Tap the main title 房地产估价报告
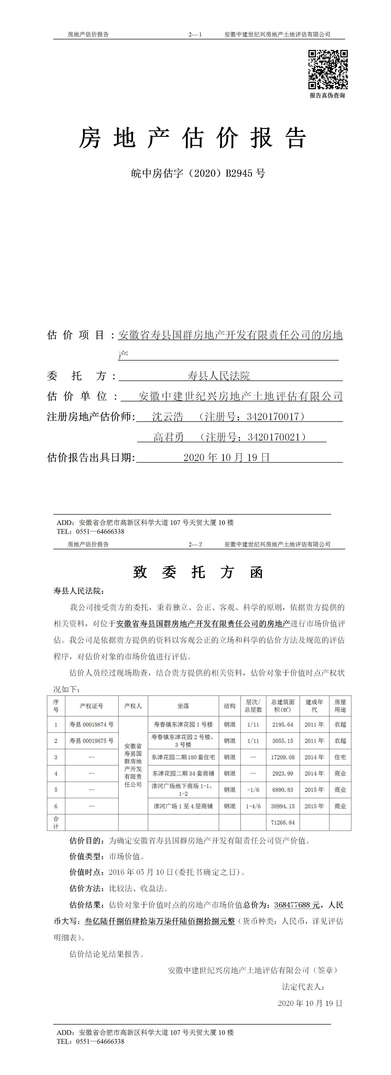pos(193,138)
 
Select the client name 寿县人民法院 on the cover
pos(219,376)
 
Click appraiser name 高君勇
pos(169,437)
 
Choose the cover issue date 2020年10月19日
pos(226,457)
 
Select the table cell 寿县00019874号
pos(91,725)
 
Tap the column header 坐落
pos(183,706)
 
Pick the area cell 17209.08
pos(283,757)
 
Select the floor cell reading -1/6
pos(253,790)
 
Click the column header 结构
pos(229,706)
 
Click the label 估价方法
pos(86,888)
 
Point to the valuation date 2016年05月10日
pos(141,872)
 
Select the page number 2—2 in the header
pos(195,544)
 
